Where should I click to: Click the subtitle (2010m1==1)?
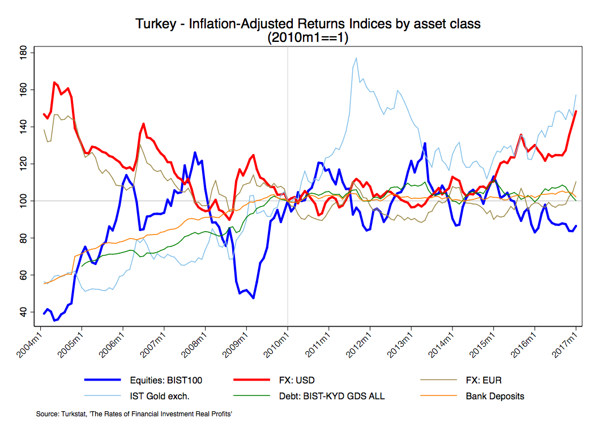tap(307, 38)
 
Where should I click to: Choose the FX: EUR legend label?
tap(484, 380)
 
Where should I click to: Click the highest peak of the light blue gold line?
tap(356, 58)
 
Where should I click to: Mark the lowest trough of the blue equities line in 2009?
tap(253, 298)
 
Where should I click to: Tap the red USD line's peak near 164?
tap(54, 83)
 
